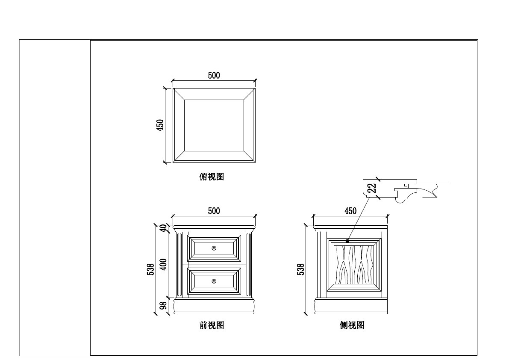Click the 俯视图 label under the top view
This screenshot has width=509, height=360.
coord(212,177)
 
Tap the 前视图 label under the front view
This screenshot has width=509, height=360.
coord(212,325)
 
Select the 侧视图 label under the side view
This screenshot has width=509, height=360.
coord(352,325)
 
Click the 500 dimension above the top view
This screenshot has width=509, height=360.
coord(214,76)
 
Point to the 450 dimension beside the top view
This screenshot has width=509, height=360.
coord(160,125)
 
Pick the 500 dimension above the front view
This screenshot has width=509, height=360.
coord(214,211)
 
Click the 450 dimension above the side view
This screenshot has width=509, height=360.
coord(350,211)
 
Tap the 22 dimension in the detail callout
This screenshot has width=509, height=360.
coord(372,188)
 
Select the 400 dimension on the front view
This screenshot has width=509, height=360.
coord(163,265)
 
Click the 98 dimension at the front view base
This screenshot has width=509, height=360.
coord(163,306)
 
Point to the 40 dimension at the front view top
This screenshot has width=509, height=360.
coord(163,228)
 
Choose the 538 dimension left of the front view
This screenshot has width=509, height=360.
coord(150,269)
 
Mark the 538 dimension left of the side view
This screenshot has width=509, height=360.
coord(301,269)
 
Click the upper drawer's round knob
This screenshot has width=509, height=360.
coord(214,248)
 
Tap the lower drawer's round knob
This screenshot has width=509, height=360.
coord(214,281)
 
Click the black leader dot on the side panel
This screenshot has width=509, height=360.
coord(347,241)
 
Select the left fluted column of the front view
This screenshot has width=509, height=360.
coord(179,265)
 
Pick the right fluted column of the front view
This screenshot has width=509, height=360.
coord(249,265)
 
